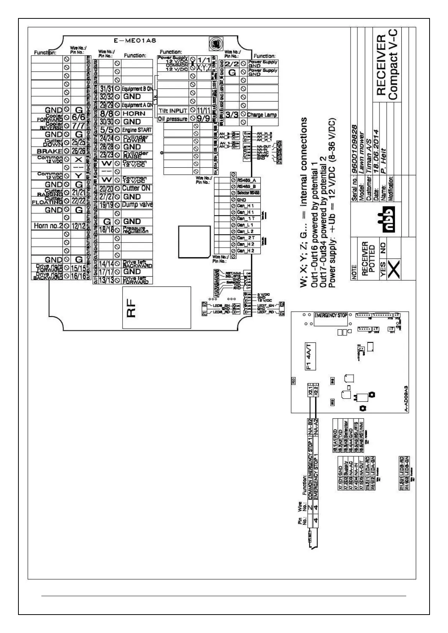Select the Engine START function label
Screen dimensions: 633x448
click(137, 130)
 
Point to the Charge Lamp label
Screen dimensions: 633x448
click(262, 115)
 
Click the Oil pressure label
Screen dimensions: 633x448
click(173, 119)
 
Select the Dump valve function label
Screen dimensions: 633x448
click(137, 205)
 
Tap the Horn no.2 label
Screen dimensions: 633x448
click(47, 226)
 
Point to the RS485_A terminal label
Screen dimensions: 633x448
click(246, 180)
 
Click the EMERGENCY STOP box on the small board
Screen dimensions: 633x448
click(331, 315)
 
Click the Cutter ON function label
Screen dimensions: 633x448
click(136, 188)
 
